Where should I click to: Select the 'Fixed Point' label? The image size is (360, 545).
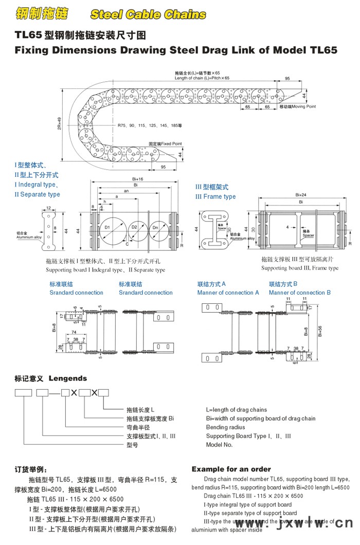(165, 144)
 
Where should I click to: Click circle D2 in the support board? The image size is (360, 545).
(134, 227)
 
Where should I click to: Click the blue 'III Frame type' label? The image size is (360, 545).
(215, 197)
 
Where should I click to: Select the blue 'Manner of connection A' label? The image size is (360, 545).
(228, 293)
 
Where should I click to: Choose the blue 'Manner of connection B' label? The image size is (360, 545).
(300, 293)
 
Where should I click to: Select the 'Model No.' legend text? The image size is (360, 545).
(220, 445)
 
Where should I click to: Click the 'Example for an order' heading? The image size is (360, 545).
(231, 469)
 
